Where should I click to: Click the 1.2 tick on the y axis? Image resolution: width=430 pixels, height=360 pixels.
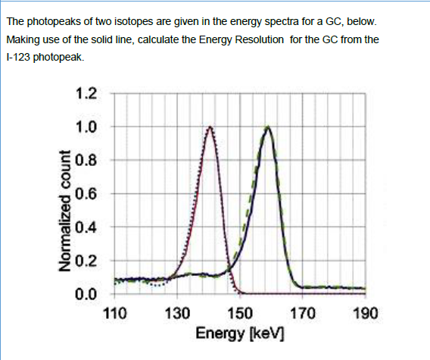[x=86, y=94]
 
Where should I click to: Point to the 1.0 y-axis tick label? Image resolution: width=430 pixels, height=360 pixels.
[x=86, y=127]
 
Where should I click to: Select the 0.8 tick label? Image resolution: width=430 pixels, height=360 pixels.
[x=86, y=160]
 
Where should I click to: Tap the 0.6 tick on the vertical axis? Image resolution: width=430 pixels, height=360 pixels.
[x=86, y=193]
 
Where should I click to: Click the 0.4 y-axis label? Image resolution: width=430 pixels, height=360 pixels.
[x=86, y=227]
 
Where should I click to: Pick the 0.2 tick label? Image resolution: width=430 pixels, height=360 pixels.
[x=86, y=260]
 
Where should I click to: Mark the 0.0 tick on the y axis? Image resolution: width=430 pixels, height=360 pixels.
[x=86, y=293]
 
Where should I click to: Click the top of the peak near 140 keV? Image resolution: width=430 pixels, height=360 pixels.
[x=210, y=127]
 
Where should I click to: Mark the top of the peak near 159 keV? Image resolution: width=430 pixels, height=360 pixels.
[x=267, y=127]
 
